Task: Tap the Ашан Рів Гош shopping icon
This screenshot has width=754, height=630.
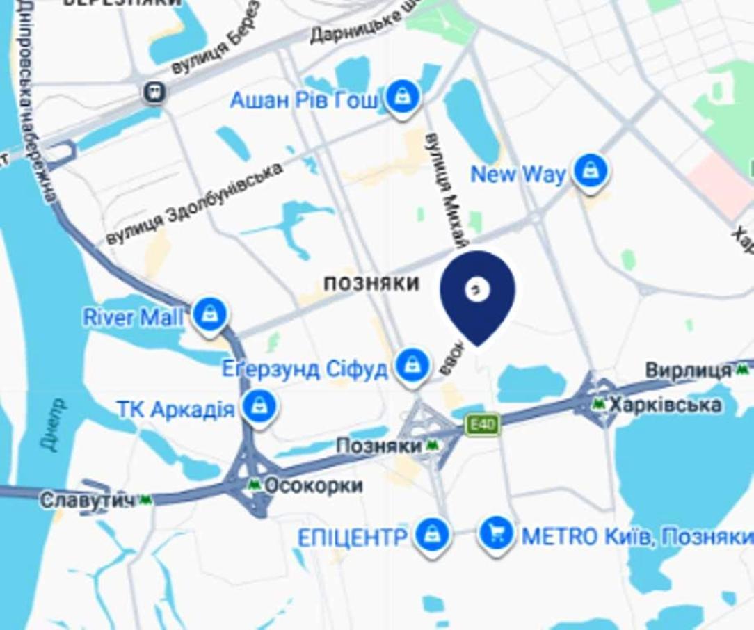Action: [x=402, y=96]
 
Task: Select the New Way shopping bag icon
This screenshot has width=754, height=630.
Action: [x=591, y=170]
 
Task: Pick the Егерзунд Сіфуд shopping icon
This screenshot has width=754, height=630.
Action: [x=413, y=364]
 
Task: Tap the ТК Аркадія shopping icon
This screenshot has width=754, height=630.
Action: [x=259, y=405]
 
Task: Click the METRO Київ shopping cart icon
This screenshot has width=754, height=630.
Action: [x=496, y=534]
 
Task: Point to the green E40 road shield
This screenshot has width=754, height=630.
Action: [x=483, y=424]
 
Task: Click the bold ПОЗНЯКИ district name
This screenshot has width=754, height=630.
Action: [x=371, y=283]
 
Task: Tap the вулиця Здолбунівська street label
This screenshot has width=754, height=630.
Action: [x=195, y=204]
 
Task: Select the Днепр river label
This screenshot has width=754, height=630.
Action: [x=55, y=425]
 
